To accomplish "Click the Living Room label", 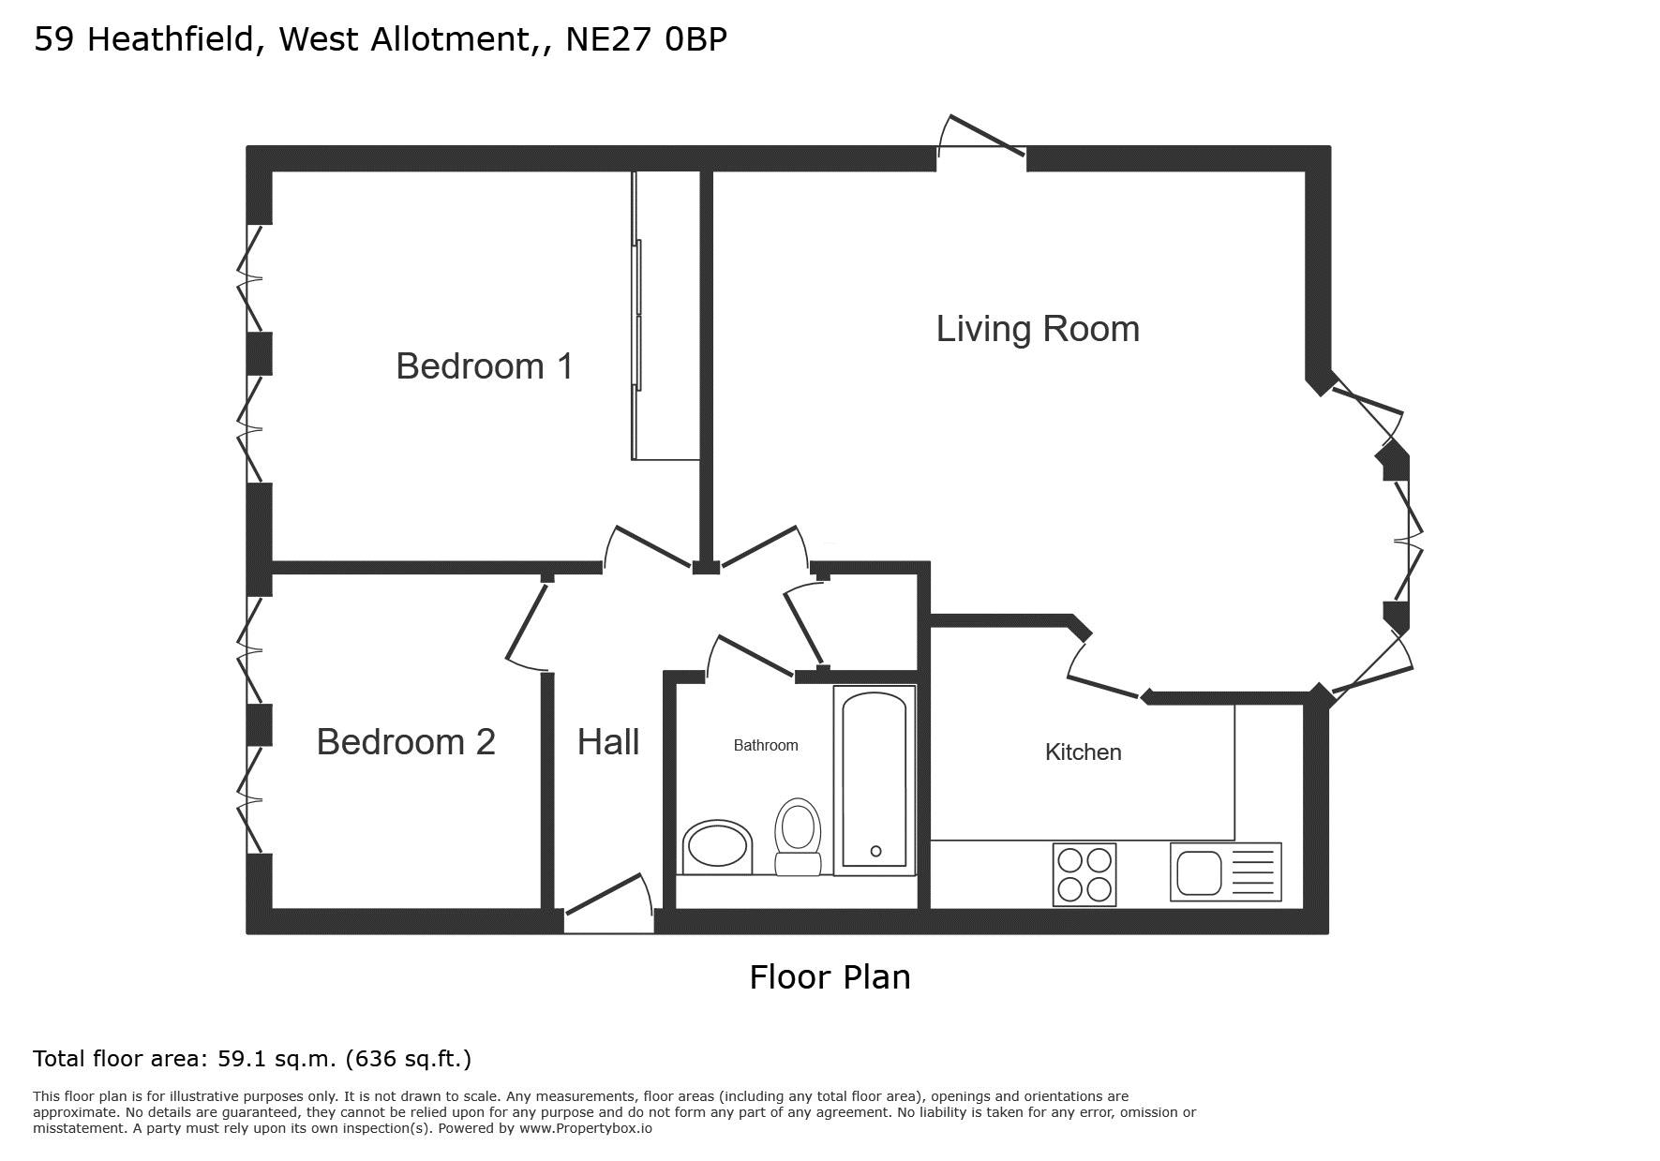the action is [x=1038, y=329].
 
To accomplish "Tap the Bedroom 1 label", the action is [x=485, y=366].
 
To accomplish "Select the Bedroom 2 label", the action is [x=406, y=742].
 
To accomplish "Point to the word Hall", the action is [x=608, y=742].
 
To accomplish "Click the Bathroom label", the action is [x=766, y=746].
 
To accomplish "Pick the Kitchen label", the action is [x=1083, y=752].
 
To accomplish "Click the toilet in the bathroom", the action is [x=798, y=837].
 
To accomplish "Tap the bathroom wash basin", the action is [x=718, y=847].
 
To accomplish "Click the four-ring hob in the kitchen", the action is [x=1084, y=874].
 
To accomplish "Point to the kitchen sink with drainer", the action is [x=1225, y=872].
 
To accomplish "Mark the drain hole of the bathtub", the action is [x=875, y=852].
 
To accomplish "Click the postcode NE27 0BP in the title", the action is [x=646, y=39].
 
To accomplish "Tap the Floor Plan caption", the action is [x=830, y=977].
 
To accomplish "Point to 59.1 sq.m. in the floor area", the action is [x=277, y=1059].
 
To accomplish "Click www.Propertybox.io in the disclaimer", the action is [x=586, y=1128].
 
